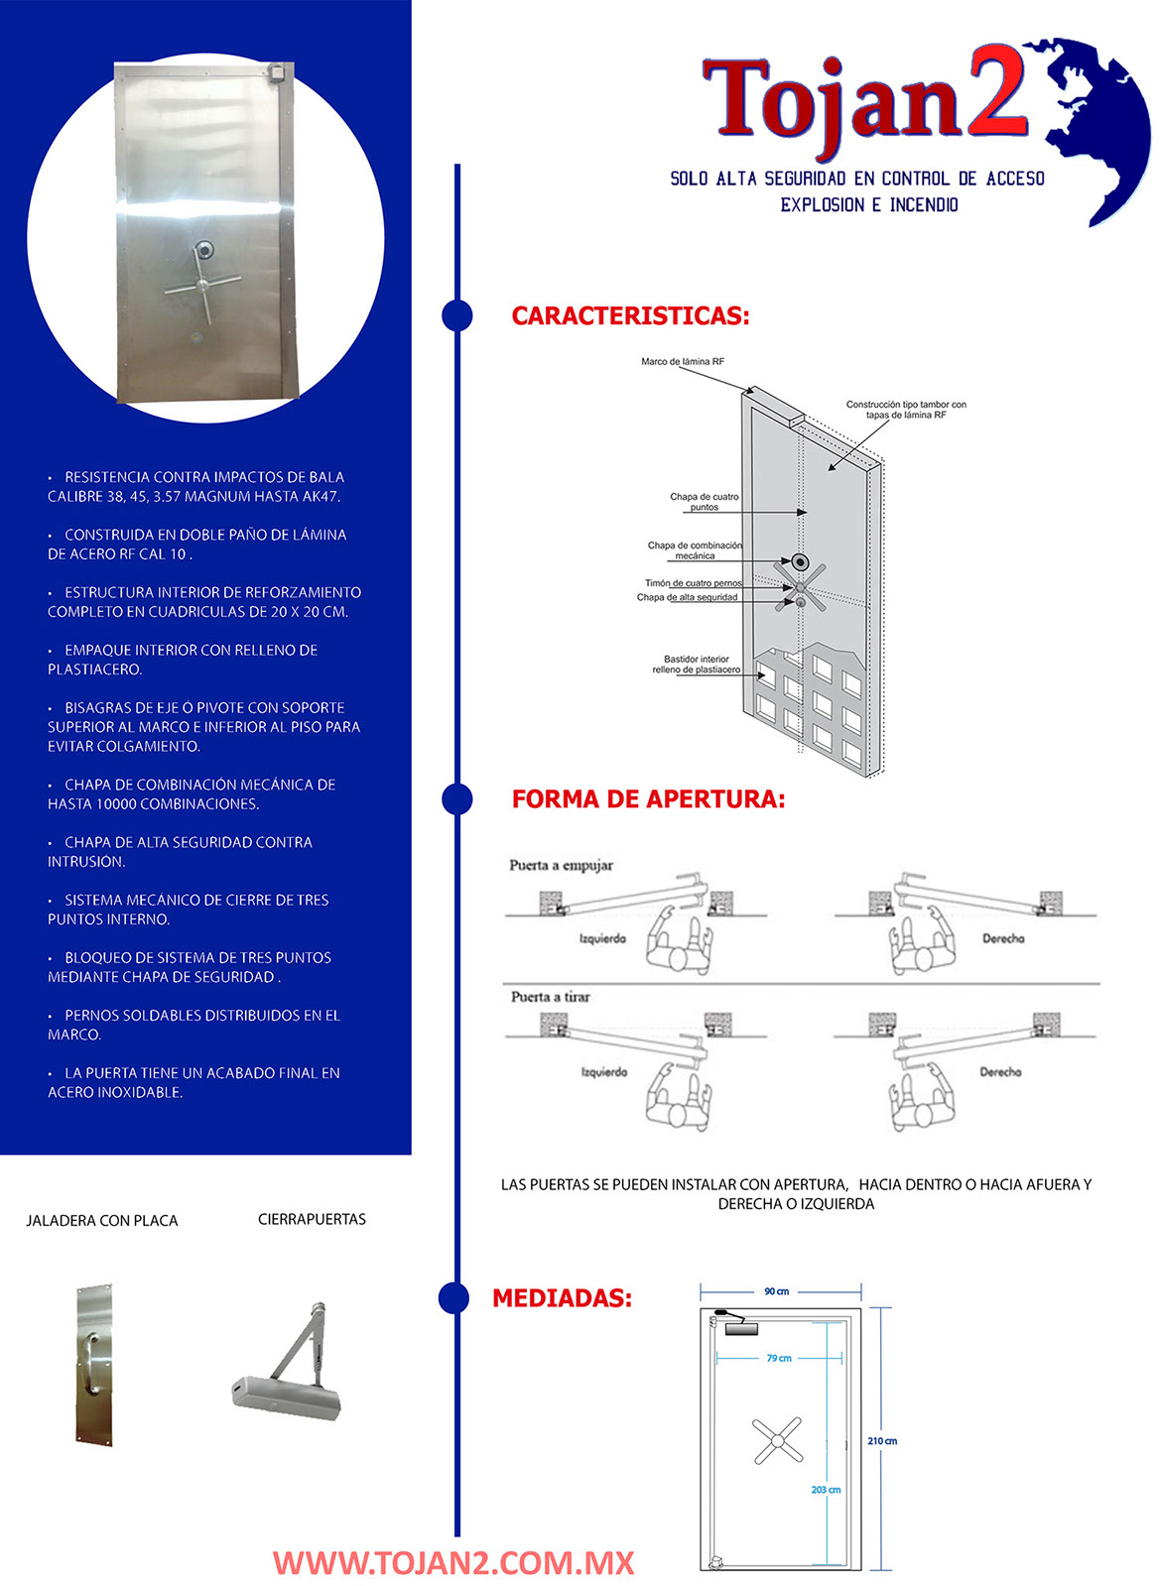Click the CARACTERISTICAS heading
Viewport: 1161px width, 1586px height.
(x=630, y=316)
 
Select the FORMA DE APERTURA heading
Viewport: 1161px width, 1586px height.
(x=648, y=799)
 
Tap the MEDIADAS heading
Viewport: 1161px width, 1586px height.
(x=562, y=1298)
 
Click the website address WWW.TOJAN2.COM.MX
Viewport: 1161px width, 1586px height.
(x=453, y=1563)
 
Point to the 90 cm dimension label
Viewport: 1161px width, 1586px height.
(x=777, y=1291)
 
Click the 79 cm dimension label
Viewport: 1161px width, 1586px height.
(x=779, y=1358)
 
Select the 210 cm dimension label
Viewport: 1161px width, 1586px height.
(x=882, y=1441)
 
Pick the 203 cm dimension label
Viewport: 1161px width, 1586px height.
(x=826, y=1490)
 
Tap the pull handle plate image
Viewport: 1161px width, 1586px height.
(x=93, y=1365)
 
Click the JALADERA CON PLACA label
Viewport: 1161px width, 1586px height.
(x=102, y=1221)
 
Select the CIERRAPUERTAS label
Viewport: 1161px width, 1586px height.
(x=312, y=1219)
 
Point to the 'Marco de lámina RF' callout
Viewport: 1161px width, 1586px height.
(x=683, y=362)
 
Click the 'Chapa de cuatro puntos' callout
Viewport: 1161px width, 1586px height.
(x=705, y=502)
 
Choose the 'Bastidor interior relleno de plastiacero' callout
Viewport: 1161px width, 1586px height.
(x=697, y=665)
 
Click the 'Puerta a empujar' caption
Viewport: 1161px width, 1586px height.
(x=562, y=865)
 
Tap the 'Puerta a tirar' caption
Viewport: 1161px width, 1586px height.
(x=551, y=997)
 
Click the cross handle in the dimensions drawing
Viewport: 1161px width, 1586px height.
(x=777, y=1441)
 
